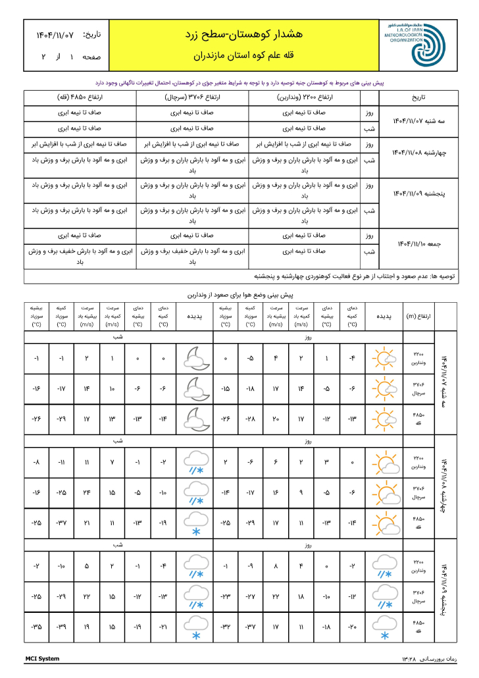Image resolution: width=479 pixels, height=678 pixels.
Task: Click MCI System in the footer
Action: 42,659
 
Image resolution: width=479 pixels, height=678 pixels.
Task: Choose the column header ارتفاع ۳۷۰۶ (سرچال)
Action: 191,97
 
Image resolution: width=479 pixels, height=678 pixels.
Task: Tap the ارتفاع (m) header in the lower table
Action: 419,316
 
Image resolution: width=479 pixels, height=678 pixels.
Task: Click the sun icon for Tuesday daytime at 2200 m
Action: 382,359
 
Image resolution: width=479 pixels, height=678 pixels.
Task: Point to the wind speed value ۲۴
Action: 86,492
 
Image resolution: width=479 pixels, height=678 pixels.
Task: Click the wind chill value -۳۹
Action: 61,627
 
